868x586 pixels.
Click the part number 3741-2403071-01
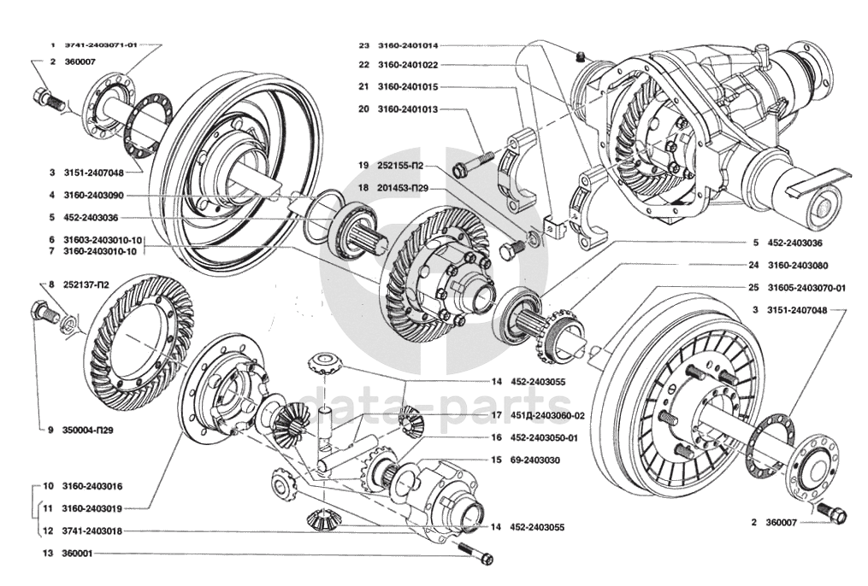(x=100, y=44)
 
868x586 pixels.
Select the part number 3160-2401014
(x=408, y=45)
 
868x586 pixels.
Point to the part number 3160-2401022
(x=408, y=65)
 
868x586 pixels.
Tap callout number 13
(x=48, y=554)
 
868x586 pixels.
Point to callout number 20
(x=363, y=109)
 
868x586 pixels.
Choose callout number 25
(x=753, y=288)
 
